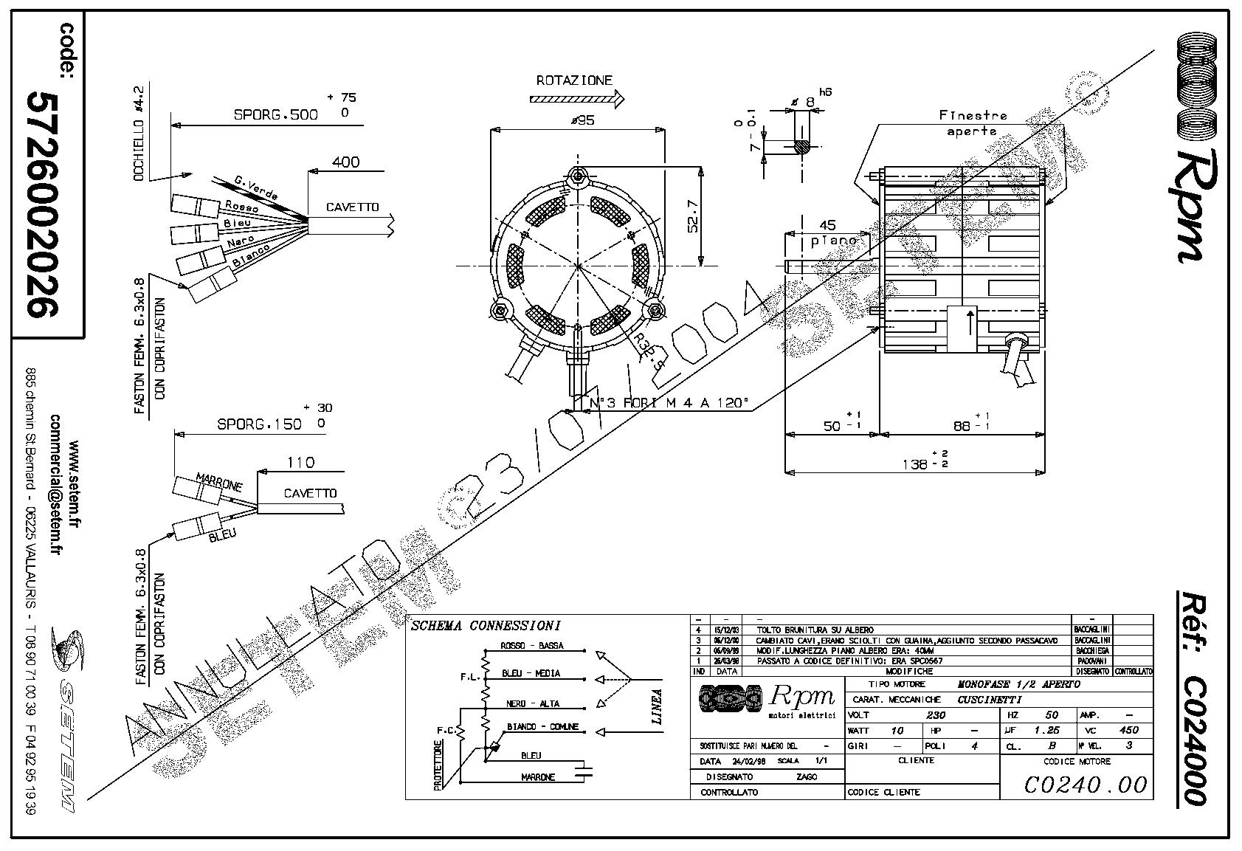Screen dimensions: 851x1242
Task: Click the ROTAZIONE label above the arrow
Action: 574,80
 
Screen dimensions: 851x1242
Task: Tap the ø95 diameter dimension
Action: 582,121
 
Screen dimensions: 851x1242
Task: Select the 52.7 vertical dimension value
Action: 693,216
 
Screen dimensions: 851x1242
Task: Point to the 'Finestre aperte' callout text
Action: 972,123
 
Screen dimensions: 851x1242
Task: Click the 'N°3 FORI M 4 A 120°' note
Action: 669,404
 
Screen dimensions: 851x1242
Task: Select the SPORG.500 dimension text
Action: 276,114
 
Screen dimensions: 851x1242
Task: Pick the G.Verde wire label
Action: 255,187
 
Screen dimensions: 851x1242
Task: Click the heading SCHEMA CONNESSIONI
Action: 486,626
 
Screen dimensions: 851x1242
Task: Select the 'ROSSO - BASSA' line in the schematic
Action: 531,646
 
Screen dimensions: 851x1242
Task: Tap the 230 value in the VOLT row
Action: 936,715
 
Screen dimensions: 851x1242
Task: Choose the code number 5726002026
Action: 41,204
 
